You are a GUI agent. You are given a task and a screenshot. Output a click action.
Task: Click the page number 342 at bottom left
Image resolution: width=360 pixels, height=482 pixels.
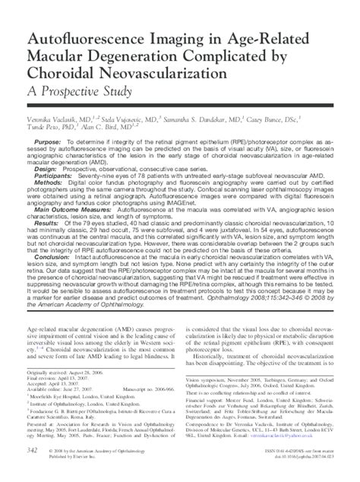pos(33,471)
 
